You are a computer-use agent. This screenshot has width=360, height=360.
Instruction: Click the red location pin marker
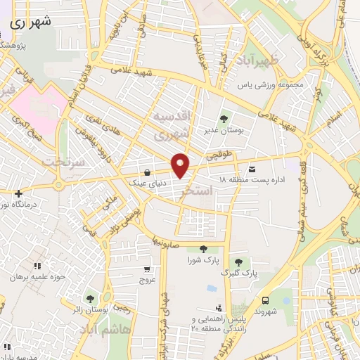(181, 165)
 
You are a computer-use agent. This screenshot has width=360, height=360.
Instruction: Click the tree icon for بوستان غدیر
(224, 118)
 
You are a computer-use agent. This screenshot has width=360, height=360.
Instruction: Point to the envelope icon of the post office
(252, 169)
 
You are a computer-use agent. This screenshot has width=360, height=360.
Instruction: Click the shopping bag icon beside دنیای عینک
(146, 172)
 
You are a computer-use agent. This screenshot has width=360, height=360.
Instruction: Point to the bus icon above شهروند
(266, 298)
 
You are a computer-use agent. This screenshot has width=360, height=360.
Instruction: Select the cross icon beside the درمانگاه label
(18, 193)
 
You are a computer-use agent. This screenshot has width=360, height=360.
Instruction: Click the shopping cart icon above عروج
(146, 268)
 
